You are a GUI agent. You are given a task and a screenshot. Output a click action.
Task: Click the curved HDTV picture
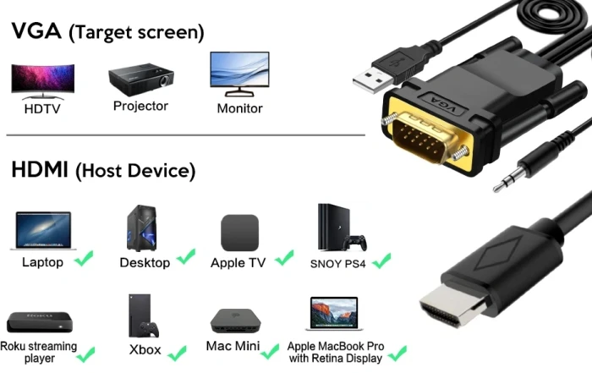(x=42, y=81)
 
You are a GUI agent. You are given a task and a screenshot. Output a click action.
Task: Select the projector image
(x=141, y=80)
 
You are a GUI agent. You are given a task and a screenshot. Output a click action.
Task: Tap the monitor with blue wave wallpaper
(x=239, y=74)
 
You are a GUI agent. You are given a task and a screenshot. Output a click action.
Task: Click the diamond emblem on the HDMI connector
(x=499, y=253)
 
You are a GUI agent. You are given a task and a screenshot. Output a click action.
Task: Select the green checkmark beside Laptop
(x=84, y=258)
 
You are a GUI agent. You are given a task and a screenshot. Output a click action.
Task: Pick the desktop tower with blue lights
(x=142, y=228)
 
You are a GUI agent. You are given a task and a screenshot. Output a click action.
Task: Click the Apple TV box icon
(x=239, y=233)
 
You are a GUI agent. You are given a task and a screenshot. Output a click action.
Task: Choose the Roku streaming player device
(x=40, y=322)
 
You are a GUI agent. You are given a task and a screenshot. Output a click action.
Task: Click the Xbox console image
(x=143, y=315)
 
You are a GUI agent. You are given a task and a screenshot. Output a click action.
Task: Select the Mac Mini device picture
(x=236, y=321)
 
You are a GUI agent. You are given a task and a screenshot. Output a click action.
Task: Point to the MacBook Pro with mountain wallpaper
(x=334, y=314)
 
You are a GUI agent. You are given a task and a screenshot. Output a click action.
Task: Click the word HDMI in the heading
(x=40, y=169)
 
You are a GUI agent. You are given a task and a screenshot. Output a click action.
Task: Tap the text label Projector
(x=140, y=106)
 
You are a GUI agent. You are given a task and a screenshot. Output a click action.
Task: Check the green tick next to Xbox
(x=177, y=354)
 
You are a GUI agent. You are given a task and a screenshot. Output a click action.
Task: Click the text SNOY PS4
(x=338, y=264)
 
